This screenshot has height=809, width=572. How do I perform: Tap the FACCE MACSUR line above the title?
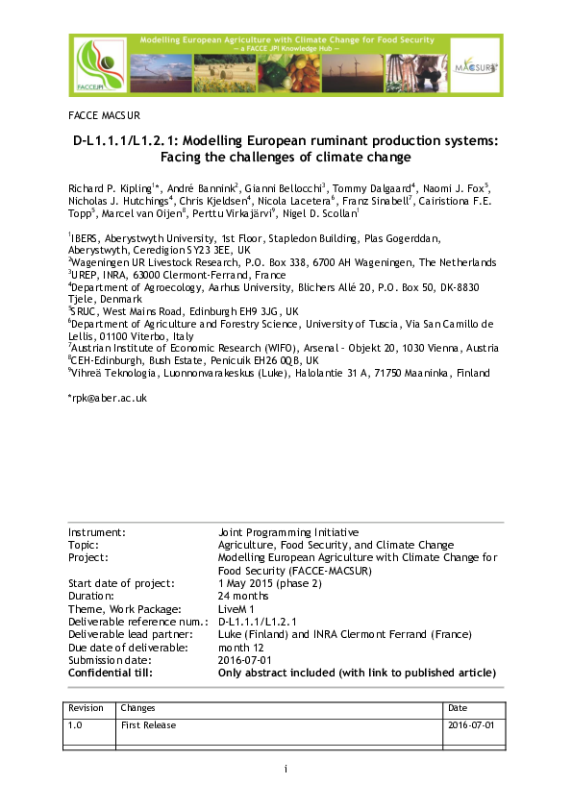[104, 114]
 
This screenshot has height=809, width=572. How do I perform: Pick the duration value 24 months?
[244, 596]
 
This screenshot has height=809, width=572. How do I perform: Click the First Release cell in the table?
[148, 725]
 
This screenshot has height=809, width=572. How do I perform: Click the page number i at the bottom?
[286, 769]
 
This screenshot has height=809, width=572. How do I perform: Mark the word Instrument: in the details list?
[97, 531]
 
